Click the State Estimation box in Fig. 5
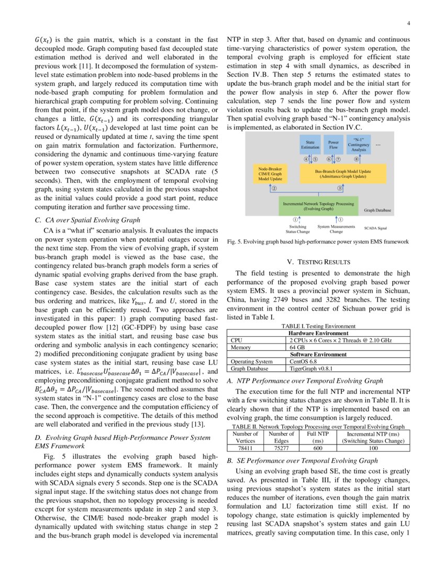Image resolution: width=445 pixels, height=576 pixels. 310,145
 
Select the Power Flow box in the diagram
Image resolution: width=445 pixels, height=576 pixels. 333,145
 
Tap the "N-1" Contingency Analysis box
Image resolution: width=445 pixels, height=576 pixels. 359,145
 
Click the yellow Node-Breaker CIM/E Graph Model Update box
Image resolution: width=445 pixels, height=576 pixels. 269,173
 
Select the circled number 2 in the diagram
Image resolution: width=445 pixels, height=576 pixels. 274,187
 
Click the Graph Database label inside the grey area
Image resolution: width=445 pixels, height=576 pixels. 377,210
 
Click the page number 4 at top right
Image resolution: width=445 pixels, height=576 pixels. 407,23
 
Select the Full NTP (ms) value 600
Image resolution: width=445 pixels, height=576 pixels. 317,448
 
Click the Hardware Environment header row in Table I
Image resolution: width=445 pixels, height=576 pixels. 318,333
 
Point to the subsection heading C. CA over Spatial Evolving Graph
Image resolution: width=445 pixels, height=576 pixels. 87,220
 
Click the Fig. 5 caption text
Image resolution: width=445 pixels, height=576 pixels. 318,242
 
